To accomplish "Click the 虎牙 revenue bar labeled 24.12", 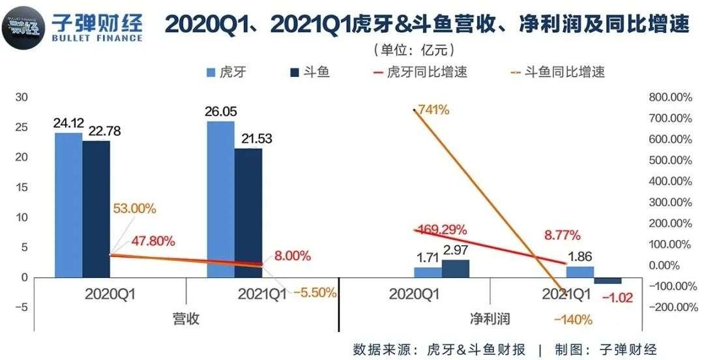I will [x=68, y=205].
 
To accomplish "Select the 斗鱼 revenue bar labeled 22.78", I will [x=96, y=209].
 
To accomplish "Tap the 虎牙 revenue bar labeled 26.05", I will [x=220, y=199].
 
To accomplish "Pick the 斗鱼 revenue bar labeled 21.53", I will [x=248, y=213].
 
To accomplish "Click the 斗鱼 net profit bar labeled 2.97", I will [x=455, y=269].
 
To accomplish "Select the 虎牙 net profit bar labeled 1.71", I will [x=428, y=272].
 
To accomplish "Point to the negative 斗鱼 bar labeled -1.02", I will [x=608, y=280].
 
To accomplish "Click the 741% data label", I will [x=434, y=110].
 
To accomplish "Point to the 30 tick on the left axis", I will [x=22, y=97].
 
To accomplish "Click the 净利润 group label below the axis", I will [x=490, y=319].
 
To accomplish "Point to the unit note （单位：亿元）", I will [x=413, y=50].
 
